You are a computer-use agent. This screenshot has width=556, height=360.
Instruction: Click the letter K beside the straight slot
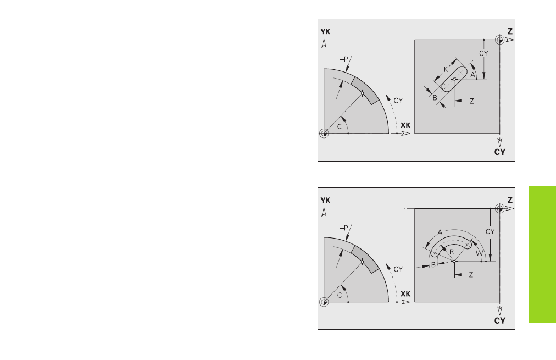(x=446, y=69)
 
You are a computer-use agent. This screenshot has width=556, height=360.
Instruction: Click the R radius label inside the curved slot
(x=452, y=252)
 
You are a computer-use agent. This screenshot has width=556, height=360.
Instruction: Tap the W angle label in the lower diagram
(x=479, y=253)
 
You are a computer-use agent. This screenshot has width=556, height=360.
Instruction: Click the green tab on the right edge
(x=542, y=254)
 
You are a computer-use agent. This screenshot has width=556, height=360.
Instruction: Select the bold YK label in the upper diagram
(x=325, y=31)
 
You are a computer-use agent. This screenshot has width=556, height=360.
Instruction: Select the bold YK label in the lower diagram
(x=325, y=201)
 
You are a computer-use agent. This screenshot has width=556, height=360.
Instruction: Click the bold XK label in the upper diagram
(x=405, y=125)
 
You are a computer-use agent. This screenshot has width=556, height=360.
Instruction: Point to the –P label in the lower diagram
(x=344, y=228)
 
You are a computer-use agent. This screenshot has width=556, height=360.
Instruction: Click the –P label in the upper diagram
(x=344, y=59)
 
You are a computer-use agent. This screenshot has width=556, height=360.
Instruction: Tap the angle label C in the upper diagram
(x=340, y=126)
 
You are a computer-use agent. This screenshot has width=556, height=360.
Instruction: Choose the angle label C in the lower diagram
(x=340, y=295)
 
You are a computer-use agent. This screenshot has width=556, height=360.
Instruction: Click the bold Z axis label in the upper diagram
(x=510, y=31)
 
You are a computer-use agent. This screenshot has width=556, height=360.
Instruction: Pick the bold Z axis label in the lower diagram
(x=510, y=200)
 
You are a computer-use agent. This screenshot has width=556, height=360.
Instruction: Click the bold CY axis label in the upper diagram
(x=499, y=152)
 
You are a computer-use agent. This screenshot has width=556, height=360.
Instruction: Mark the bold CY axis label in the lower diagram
(x=499, y=320)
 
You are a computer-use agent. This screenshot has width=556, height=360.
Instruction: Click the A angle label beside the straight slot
(x=472, y=75)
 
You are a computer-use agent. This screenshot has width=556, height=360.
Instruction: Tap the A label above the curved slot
(x=440, y=232)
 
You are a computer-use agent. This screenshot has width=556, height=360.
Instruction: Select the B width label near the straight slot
(x=435, y=98)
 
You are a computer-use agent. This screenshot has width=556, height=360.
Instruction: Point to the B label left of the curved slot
(x=433, y=264)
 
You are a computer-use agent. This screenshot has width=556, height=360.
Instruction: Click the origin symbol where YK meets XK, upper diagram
(x=324, y=134)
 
